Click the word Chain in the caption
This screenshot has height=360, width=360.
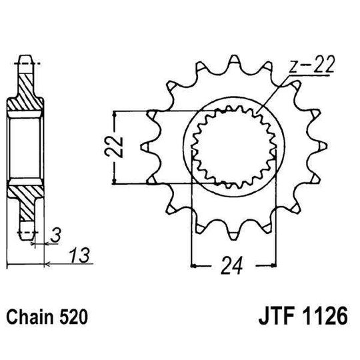31,314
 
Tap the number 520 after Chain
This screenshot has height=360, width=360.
71,314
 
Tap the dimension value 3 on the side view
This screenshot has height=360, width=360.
57,235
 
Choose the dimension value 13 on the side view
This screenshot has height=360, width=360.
80,255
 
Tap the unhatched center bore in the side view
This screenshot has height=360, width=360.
25,145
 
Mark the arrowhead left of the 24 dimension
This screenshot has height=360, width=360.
195,267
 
